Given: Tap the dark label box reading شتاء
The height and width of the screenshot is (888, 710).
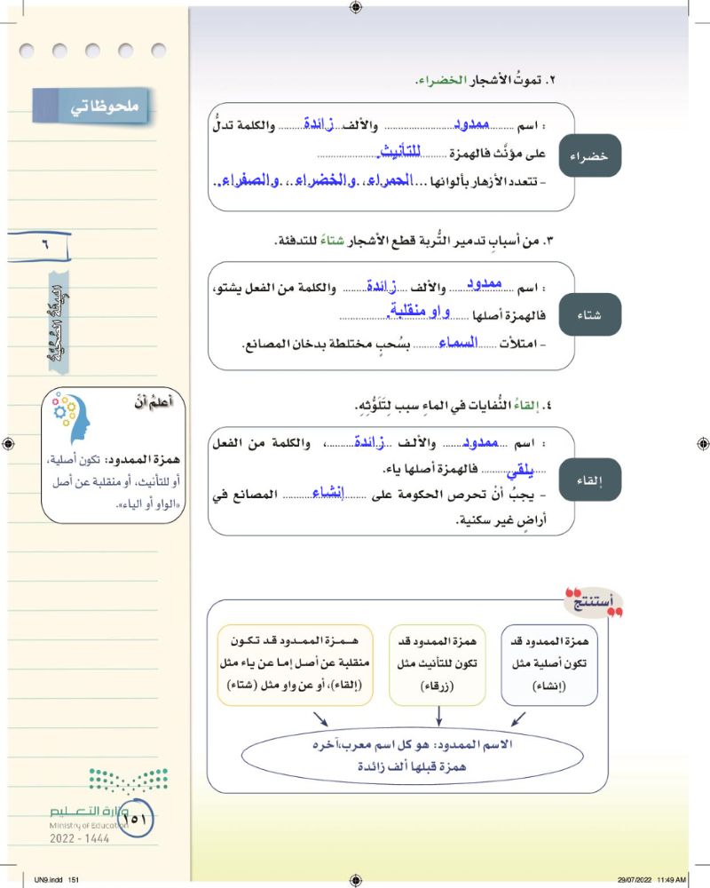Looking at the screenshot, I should tap(590, 314).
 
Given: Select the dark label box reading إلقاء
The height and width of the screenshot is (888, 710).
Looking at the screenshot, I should tap(590, 480).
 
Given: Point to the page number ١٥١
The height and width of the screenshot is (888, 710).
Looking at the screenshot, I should tap(134, 819).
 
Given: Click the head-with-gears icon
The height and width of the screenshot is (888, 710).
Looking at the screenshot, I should tap(75, 417).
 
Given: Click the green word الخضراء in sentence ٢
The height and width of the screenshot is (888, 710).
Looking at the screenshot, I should tap(444, 81).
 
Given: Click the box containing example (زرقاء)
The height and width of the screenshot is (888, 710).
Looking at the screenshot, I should tap(437, 664).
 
